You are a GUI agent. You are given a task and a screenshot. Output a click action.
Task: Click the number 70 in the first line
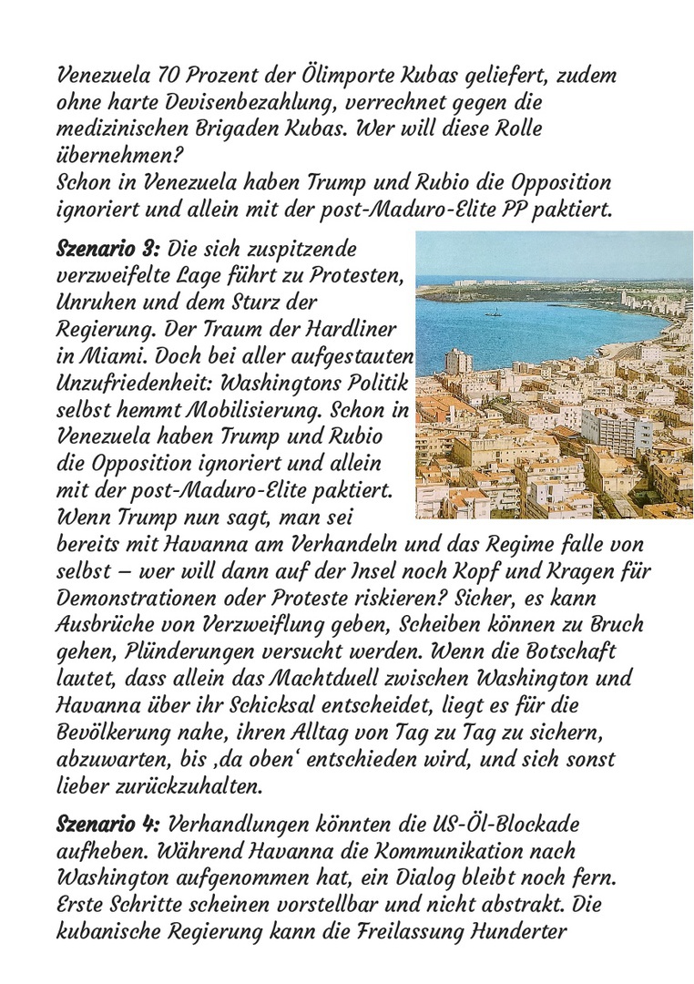tap(166, 75)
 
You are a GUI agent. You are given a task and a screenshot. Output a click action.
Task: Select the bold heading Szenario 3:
tap(107, 249)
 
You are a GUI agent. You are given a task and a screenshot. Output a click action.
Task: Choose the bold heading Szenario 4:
tap(108, 825)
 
